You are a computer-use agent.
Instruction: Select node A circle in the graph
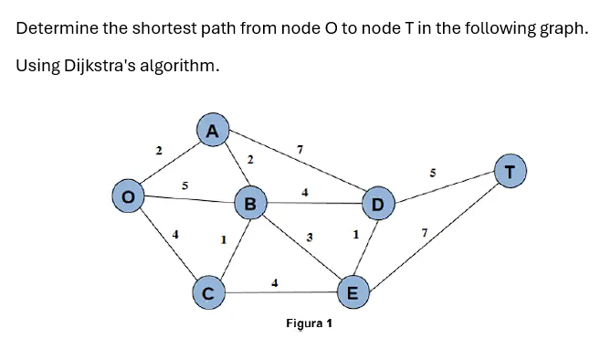tap(212, 131)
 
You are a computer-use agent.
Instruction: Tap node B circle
tap(249, 201)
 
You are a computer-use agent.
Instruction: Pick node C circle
tap(208, 293)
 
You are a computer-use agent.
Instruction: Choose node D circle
tap(376, 203)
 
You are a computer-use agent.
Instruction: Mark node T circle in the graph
tap(510, 170)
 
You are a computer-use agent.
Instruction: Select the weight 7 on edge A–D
tap(300, 148)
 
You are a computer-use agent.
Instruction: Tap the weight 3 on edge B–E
tap(310, 238)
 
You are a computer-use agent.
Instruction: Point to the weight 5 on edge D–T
tap(434, 171)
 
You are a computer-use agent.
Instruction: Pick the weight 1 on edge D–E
tap(354, 236)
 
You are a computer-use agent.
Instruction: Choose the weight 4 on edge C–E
tap(275, 282)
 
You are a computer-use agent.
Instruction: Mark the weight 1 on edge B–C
tap(222, 240)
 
